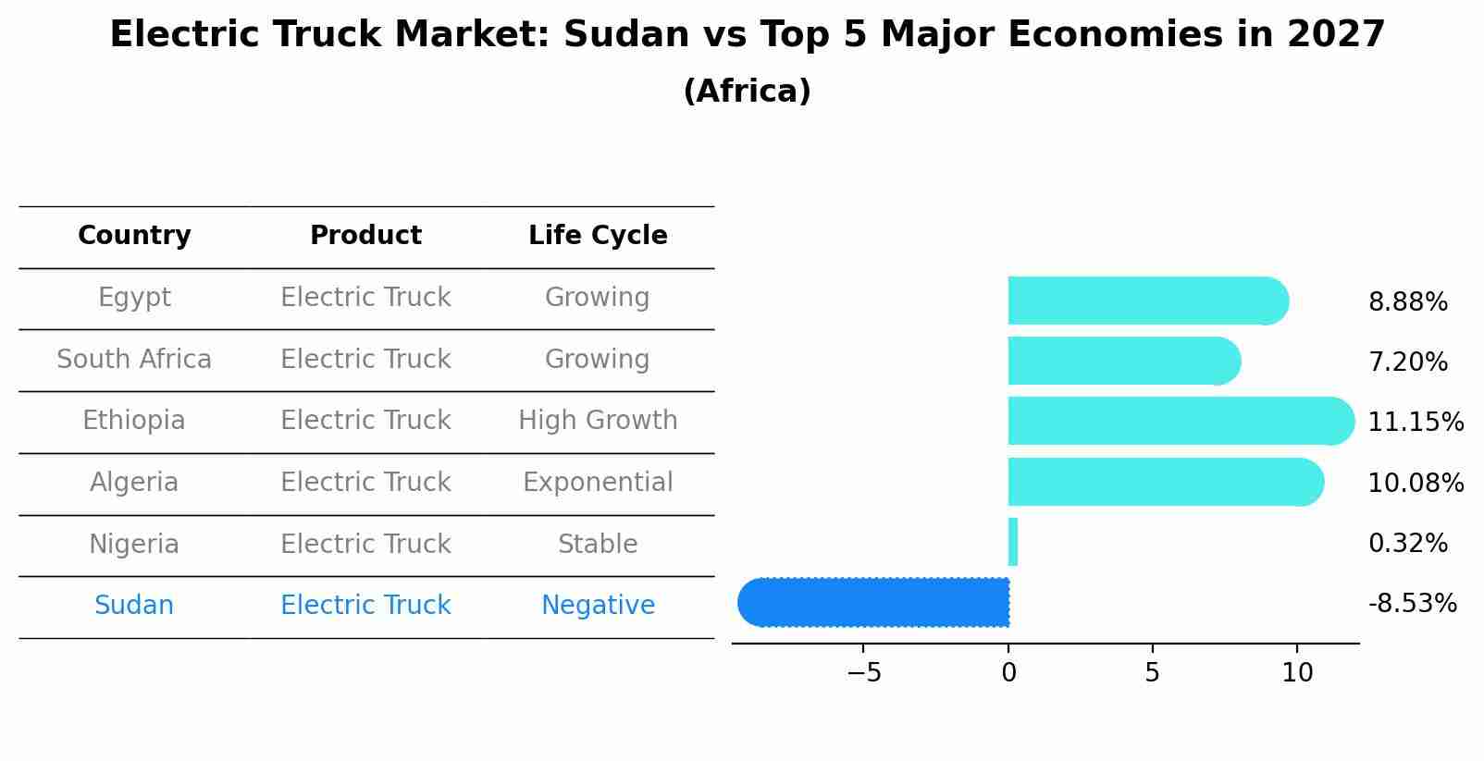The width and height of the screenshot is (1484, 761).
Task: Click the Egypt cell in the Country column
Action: pos(134,298)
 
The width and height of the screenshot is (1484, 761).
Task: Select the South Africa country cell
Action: pos(134,359)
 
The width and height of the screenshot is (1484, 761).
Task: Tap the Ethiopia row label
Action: pos(134,421)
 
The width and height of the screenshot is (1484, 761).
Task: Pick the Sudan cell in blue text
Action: pos(134,606)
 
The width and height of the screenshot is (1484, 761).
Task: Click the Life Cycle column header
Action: pos(598,236)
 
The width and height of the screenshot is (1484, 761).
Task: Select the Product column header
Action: pos(365,236)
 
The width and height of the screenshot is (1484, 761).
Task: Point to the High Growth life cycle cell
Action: pos(598,421)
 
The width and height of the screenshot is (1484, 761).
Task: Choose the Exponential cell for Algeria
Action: pos(598,483)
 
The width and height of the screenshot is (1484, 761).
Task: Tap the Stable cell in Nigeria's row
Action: pos(598,544)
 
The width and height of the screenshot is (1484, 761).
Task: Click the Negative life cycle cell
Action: pos(598,606)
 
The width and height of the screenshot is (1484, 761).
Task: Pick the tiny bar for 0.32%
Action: pos(1013,542)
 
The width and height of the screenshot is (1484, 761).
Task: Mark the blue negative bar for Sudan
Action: pos(874,602)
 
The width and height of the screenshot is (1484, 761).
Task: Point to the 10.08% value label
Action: pos(1416,483)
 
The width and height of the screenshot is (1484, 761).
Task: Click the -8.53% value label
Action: pos(1412,604)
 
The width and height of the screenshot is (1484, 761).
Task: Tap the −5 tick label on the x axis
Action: pos(863,673)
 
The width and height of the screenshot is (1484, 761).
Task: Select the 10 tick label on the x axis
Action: pos(1297,673)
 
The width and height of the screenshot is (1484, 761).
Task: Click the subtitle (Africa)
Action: pos(747,92)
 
